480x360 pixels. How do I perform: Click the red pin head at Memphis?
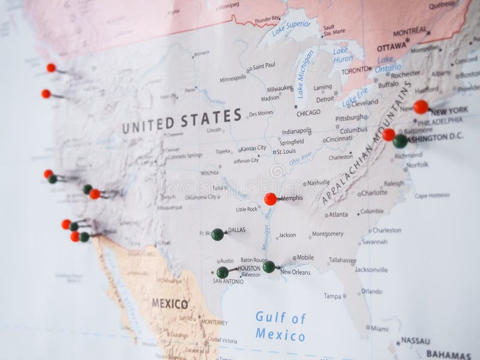tap(271, 199)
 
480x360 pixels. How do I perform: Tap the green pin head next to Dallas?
tap(218, 234)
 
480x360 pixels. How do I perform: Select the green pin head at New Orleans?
tap(269, 266)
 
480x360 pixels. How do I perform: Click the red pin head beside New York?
tap(421, 107)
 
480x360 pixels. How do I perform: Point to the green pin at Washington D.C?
tap(400, 141)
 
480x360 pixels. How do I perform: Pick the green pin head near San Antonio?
tap(223, 272)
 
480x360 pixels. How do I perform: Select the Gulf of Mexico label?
tap(280, 326)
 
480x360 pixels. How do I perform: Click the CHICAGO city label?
tap(309, 112)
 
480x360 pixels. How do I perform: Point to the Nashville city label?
tap(319, 182)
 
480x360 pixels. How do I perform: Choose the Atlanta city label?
tap(338, 214)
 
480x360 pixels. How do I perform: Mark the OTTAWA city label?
tap(391, 46)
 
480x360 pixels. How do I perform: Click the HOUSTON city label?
tap(248, 268)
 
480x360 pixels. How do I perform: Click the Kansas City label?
tap(253, 148)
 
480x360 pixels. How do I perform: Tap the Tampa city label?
tap(332, 296)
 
